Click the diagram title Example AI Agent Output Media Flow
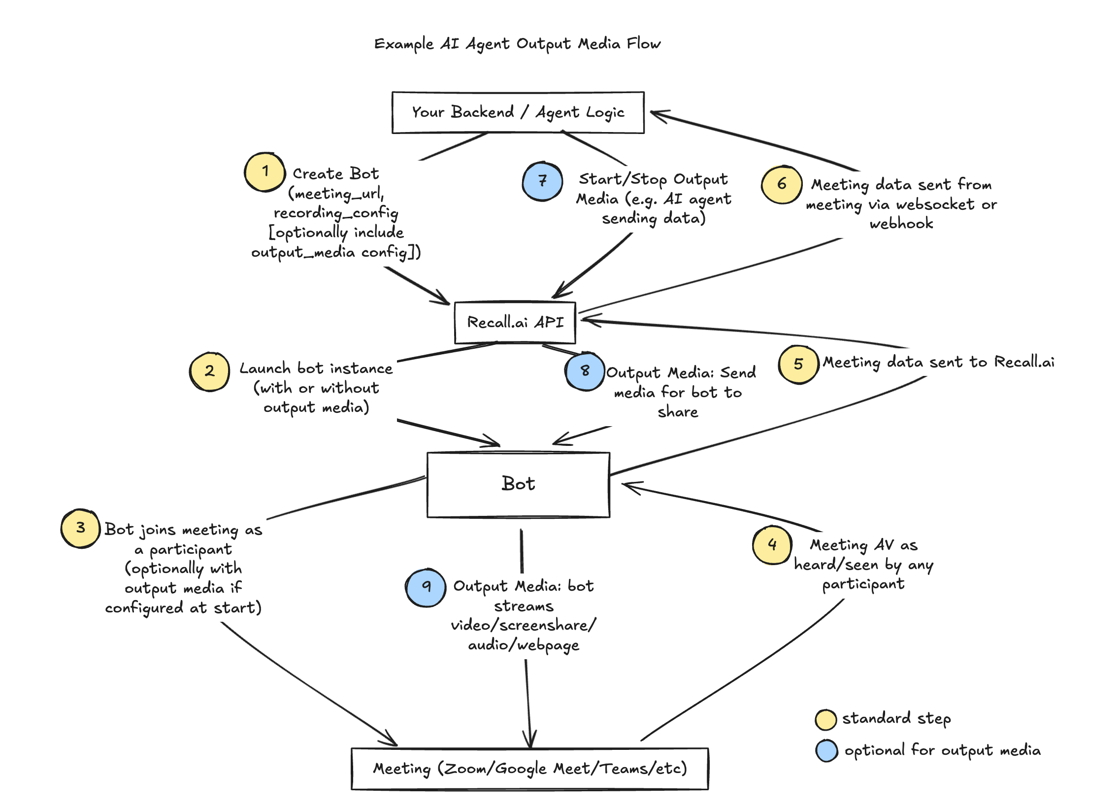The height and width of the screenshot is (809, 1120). (x=517, y=44)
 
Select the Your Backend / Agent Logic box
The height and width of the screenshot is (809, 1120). (x=518, y=113)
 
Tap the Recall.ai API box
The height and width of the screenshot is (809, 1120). (x=515, y=323)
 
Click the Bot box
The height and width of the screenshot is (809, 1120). (x=518, y=484)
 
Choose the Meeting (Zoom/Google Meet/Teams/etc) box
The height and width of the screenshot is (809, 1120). (x=529, y=769)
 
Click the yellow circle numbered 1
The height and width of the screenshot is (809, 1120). (x=264, y=172)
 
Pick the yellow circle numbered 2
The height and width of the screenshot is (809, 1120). (x=209, y=371)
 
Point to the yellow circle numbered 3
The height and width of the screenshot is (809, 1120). (x=80, y=529)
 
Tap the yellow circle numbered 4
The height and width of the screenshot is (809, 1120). (x=772, y=545)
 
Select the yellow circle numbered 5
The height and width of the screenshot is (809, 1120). (x=798, y=365)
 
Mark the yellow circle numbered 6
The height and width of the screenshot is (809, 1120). (x=781, y=185)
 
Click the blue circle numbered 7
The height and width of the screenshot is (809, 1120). (x=542, y=181)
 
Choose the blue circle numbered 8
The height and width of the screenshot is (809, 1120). (x=585, y=371)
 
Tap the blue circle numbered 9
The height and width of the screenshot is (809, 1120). (x=426, y=587)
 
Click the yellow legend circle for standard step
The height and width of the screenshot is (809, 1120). (x=825, y=720)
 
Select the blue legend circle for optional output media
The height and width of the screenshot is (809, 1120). (x=826, y=751)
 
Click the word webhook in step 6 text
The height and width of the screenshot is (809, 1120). (x=901, y=224)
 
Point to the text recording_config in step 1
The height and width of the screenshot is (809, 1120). (x=336, y=213)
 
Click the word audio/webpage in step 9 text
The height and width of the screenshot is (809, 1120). (x=524, y=645)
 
